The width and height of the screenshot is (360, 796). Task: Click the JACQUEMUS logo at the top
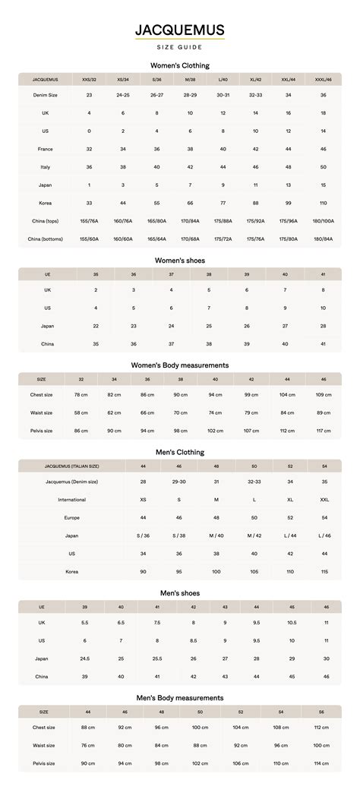tap(180, 31)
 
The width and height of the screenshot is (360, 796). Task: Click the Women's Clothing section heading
tap(180, 66)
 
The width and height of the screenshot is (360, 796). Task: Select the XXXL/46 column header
tap(324, 79)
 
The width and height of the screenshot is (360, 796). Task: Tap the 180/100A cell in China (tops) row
tap(324, 221)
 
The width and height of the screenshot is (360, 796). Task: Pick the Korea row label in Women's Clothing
tap(46, 203)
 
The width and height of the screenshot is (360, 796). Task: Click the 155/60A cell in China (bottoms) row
tap(90, 238)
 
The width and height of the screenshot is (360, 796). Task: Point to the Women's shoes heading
tap(180, 261)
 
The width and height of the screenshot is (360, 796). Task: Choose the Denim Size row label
tap(46, 95)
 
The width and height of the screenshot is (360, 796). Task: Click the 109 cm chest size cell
tap(324, 395)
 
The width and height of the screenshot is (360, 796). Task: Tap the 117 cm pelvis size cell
tap(324, 431)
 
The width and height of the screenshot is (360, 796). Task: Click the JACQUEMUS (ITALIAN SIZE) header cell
tap(72, 466)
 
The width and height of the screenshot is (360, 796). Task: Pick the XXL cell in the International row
tap(324, 500)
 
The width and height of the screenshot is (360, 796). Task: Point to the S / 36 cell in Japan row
tap(144, 535)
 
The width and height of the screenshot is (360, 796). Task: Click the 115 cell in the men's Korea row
tap(324, 571)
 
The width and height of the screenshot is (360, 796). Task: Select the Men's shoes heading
tap(180, 593)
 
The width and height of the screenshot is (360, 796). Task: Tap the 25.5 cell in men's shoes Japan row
tap(157, 659)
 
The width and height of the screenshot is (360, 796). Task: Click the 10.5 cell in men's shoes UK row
tap(292, 622)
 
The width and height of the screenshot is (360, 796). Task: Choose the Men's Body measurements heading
tap(180, 698)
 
